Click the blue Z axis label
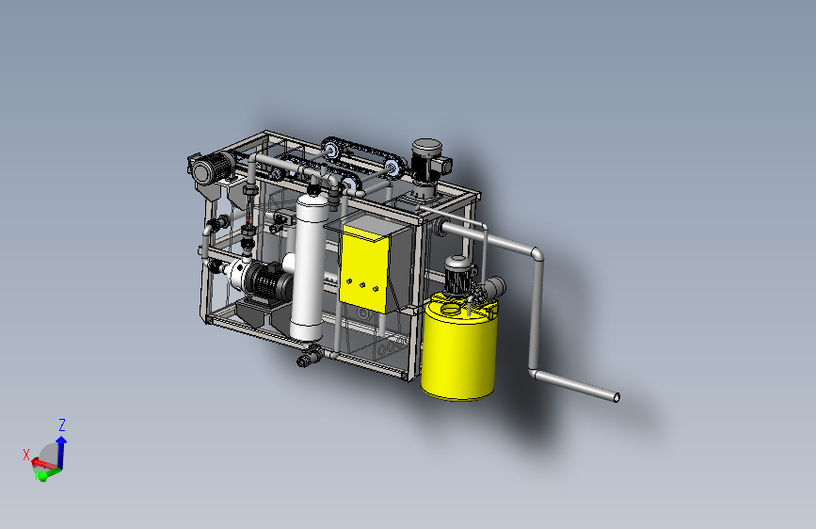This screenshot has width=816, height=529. [62, 425]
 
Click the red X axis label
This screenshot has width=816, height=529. [26, 455]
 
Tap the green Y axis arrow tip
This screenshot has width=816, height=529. [42, 475]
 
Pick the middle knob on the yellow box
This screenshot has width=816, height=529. [362, 285]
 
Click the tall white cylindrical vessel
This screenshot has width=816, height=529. [309, 268]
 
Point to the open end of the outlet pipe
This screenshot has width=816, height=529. [616, 398]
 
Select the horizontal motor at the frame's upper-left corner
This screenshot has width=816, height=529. [210, 166]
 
